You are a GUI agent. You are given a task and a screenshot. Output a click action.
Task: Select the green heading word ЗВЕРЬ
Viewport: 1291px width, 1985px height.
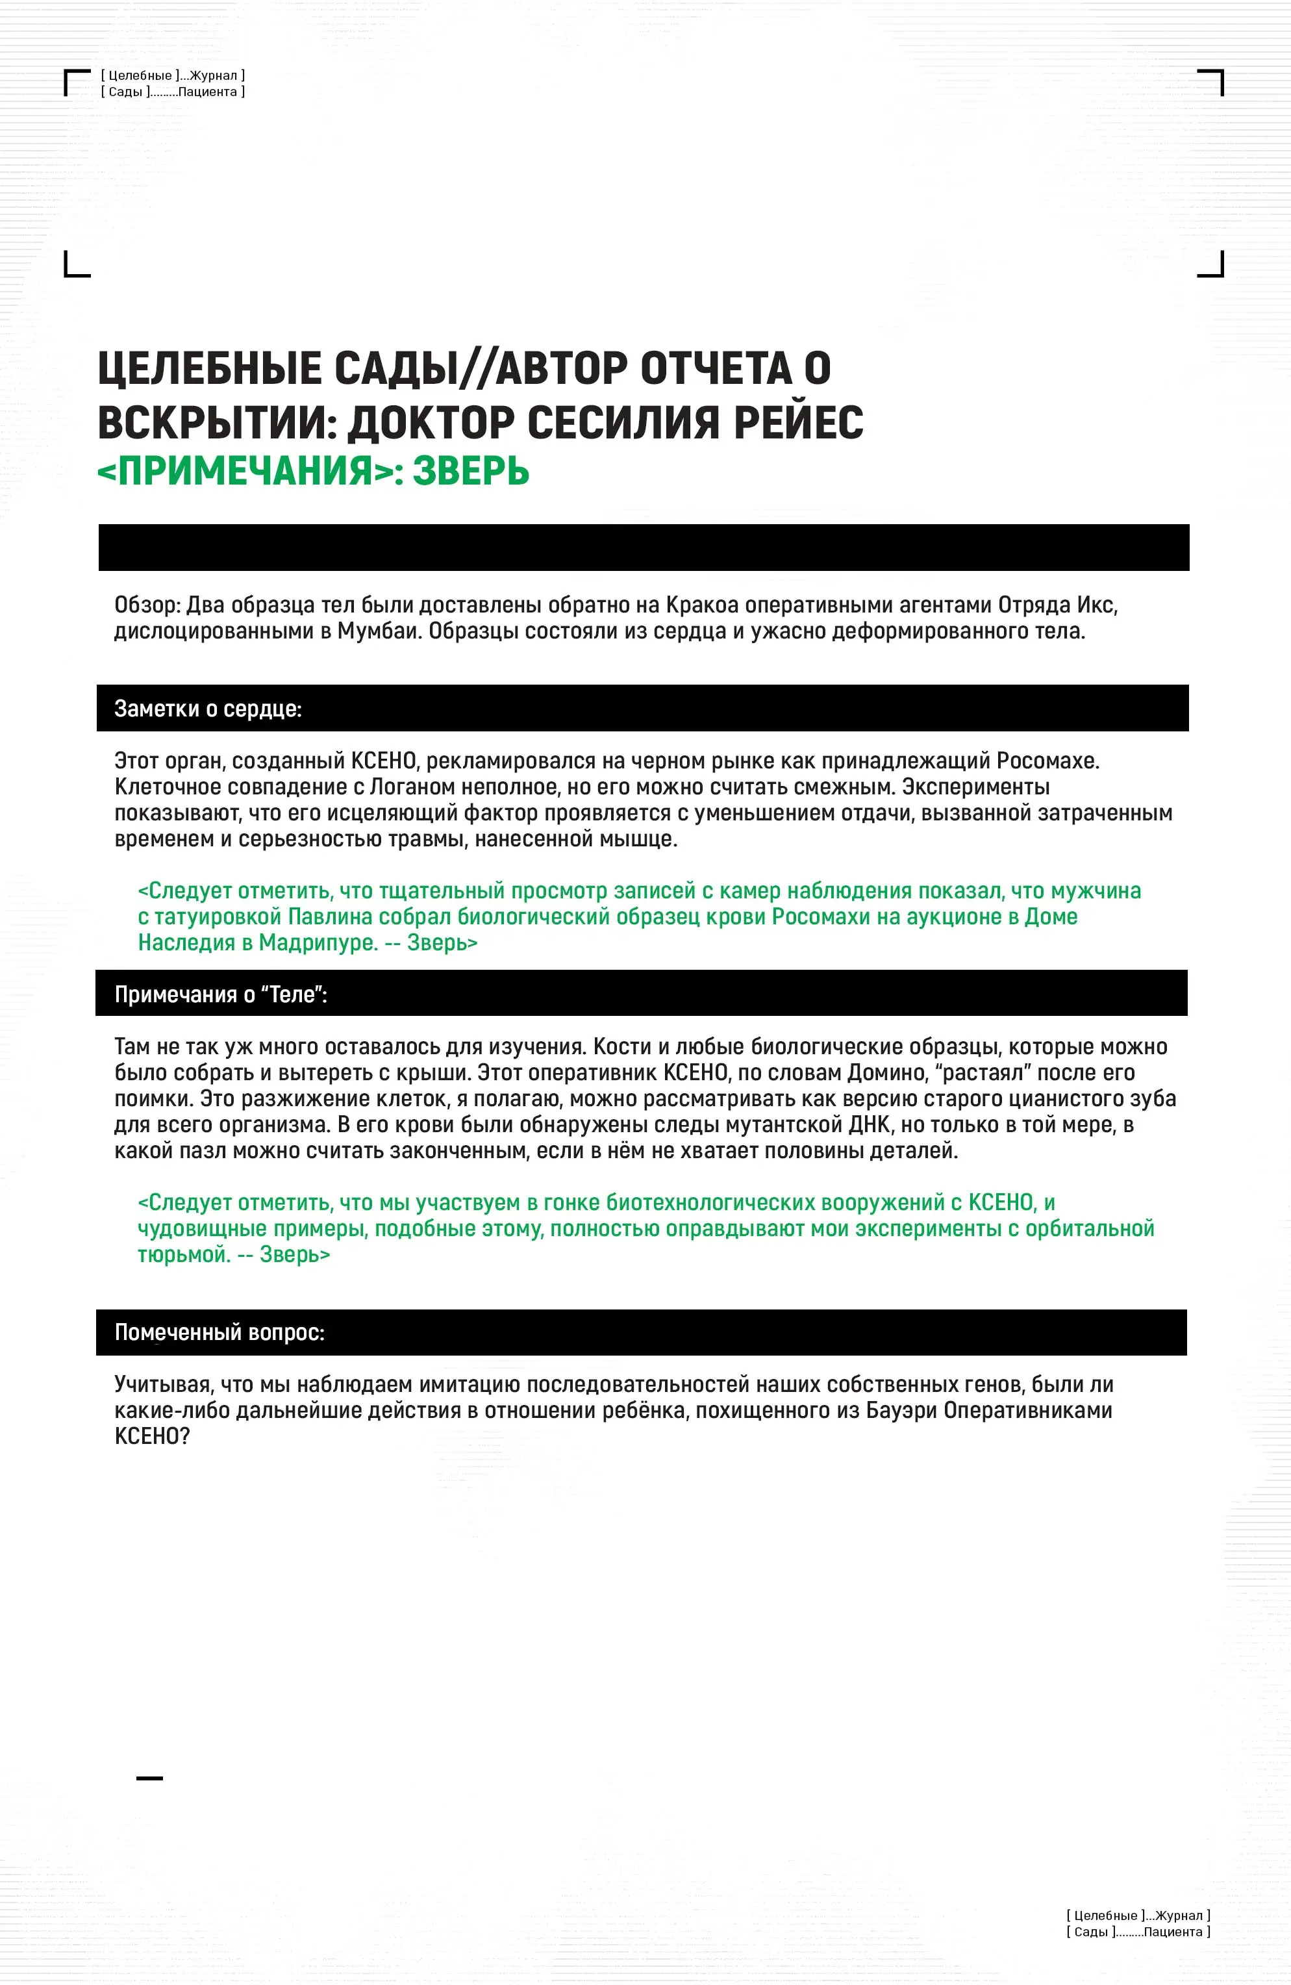[x=471, y=471]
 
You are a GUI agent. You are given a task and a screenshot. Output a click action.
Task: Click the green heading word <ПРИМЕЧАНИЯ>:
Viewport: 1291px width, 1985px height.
[x=250, y=471]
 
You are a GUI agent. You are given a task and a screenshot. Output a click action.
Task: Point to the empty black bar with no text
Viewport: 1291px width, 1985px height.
[x=643, y=547]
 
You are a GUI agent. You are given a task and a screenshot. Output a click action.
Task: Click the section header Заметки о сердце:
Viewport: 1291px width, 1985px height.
[x=208, y=709]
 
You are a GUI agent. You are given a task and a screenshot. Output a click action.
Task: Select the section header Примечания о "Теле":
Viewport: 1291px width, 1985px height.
[x=220, y=994]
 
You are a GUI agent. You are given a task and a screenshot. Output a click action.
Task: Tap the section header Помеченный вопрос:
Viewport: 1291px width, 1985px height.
[x=218, y=1332]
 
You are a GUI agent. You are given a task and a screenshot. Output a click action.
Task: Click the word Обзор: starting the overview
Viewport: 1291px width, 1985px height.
[x=147, y=605]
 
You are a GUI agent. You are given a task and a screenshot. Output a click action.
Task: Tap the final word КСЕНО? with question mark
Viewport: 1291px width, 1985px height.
[x=152, y=1435]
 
